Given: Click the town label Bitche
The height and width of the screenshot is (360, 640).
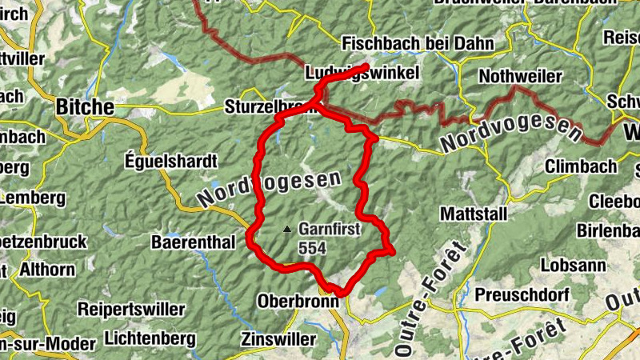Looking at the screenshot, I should pos(84,106).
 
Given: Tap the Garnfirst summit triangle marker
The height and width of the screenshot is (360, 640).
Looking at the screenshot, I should pos(287,229).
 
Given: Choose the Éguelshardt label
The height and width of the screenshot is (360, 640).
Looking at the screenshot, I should pos(171,161).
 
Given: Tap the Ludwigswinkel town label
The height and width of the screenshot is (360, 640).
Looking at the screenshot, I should pos(362,74).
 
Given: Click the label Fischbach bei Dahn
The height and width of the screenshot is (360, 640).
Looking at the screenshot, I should pos(418,43).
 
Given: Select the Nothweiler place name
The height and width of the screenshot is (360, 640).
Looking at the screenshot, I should pos(520,76).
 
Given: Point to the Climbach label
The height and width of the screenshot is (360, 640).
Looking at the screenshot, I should pos(581,166).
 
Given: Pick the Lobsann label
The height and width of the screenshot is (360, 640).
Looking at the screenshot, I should pos(570,264).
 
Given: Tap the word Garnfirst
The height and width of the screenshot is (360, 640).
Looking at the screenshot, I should pos(330,229).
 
